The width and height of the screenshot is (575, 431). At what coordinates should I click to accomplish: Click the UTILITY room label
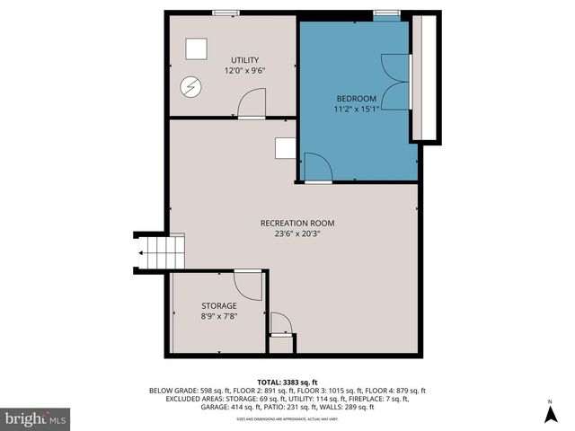point(244,60)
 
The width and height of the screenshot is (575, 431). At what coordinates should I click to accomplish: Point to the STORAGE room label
point(218,306)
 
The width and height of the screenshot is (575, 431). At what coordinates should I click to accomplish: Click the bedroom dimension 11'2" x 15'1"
point(357,110)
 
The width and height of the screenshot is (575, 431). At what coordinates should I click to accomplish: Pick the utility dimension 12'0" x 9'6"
point(244,71)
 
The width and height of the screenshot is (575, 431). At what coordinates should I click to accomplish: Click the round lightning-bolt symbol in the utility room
point(191,87)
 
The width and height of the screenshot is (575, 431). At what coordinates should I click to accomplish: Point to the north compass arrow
point(550,413)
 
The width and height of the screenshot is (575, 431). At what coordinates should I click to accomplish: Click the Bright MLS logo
point(36,418)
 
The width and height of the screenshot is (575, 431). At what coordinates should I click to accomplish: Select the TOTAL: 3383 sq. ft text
point(287,382)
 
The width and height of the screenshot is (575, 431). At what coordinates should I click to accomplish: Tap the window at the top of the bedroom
point(387,13)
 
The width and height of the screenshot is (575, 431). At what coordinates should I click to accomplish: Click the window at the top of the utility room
point(226,13)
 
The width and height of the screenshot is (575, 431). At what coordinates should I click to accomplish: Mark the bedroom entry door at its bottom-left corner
point(317,168)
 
